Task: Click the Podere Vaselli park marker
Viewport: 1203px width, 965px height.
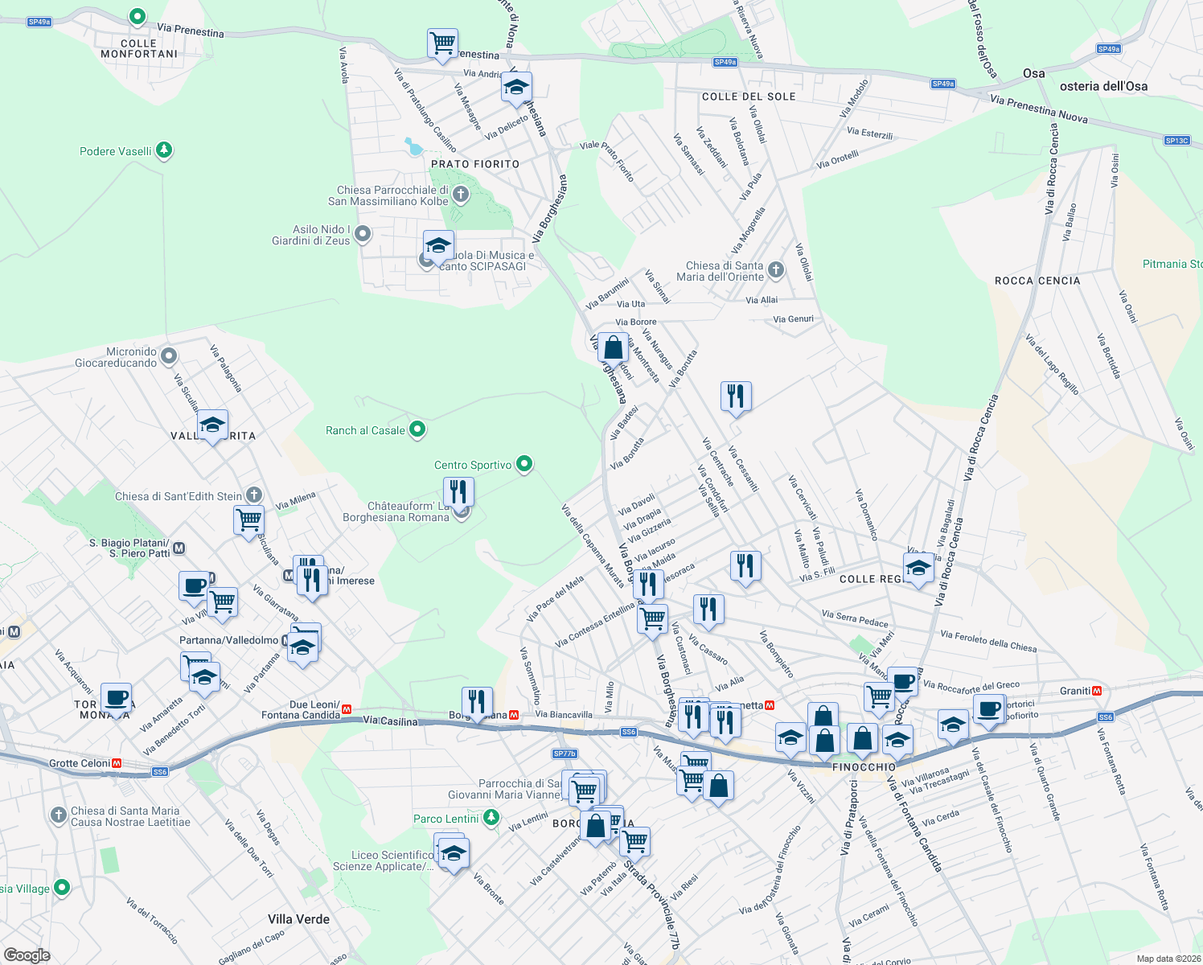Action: click(x=164, y=150)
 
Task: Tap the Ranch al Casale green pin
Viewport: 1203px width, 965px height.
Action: click(x=417, y=429)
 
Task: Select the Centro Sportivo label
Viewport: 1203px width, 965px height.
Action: click(x=473, y=465)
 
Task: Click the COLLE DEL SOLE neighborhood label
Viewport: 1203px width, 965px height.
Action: click(x=749, y=96)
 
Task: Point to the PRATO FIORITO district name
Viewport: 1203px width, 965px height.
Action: click(x=475, y=164)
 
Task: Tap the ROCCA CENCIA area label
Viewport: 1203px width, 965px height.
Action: click(x=1037, y=281)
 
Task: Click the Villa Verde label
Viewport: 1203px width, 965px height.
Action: click(x=298, y=919)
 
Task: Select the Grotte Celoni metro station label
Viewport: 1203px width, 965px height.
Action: click(x=80, y=763)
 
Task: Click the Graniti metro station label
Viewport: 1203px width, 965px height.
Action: click(x=1075, y=691)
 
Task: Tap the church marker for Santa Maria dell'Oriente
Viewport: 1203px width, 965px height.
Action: click(x=776, y=270)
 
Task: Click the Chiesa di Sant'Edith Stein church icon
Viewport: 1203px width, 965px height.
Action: click(x=254, y=495)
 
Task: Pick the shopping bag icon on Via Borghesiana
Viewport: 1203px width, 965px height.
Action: click(x=613, y=349)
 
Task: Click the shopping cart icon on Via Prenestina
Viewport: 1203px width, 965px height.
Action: click(x=442, y=43)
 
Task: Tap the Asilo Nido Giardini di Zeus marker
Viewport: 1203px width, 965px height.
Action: click(x=363, y=234)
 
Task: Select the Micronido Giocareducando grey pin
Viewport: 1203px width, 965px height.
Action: click(x=169, y=355)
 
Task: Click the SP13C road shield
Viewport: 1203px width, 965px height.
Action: click(x=1176, y=141)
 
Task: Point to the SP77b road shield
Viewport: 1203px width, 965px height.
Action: click(x=565, y=754)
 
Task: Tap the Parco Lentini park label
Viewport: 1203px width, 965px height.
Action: click(x=446, y=819)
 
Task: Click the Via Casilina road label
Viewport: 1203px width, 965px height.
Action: click(x=391, y=721)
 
